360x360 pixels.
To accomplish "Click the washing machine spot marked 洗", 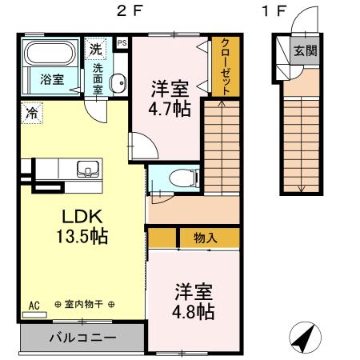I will click(x=96, y=49).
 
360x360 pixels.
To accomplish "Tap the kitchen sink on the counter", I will click(x=86, y=168).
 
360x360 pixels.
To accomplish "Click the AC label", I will click(x=34, y=305).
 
